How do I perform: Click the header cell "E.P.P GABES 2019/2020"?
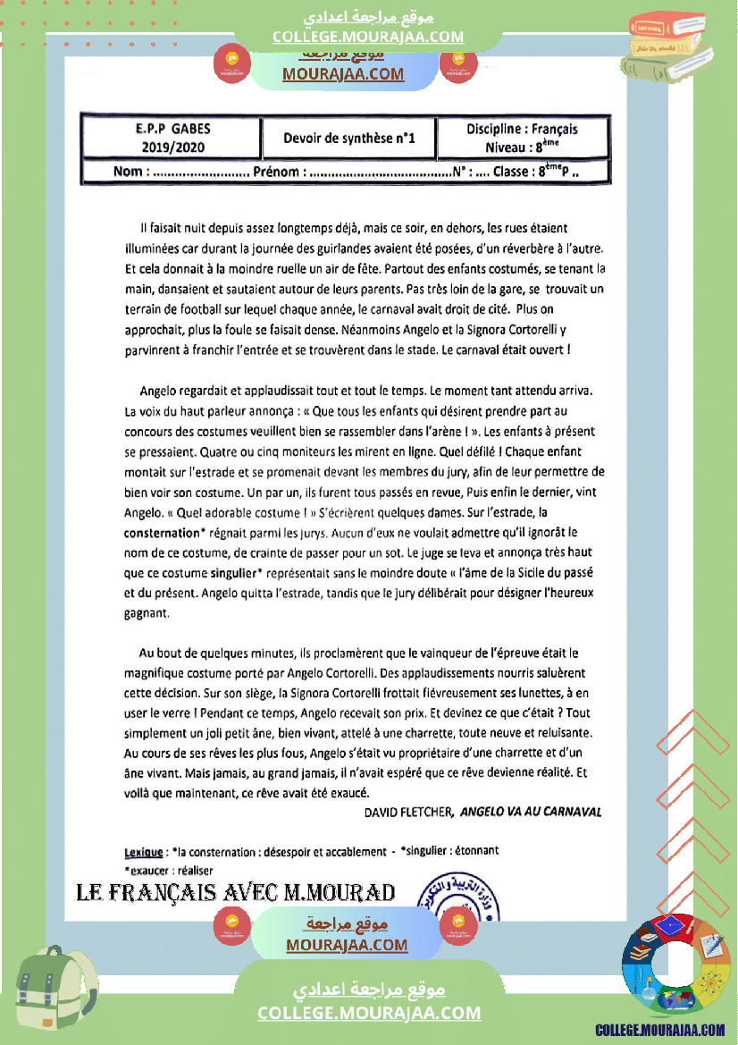click(168, 138)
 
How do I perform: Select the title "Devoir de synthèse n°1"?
click(349, 139)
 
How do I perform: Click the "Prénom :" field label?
click(281, 172)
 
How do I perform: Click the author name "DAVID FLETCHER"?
click(410, 812)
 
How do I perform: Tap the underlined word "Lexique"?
click(143, 850)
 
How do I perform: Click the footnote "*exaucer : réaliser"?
click(169, 870)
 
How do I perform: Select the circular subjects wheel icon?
click(675, 968)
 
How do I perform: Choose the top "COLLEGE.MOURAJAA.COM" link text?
click(368, 37)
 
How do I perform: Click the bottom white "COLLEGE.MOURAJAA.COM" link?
click(369, 1013)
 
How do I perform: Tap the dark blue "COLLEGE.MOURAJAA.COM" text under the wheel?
click(659, 1031)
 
